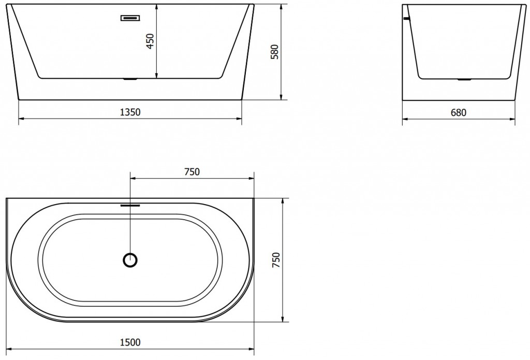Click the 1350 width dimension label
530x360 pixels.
point(130,112)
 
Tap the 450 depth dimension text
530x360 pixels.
point(150,41)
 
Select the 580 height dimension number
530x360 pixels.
point(274,52)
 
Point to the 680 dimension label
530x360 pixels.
point(459,112)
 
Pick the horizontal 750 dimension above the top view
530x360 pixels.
point(192,172)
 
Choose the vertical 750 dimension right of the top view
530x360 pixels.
point(276,260)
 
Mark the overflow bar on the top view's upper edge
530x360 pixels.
point(130,204)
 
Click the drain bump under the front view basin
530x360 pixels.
point(130,80)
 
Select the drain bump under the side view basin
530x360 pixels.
point(464,80)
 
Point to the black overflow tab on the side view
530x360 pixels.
point(406,19)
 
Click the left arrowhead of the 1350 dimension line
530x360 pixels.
point(21,119)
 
